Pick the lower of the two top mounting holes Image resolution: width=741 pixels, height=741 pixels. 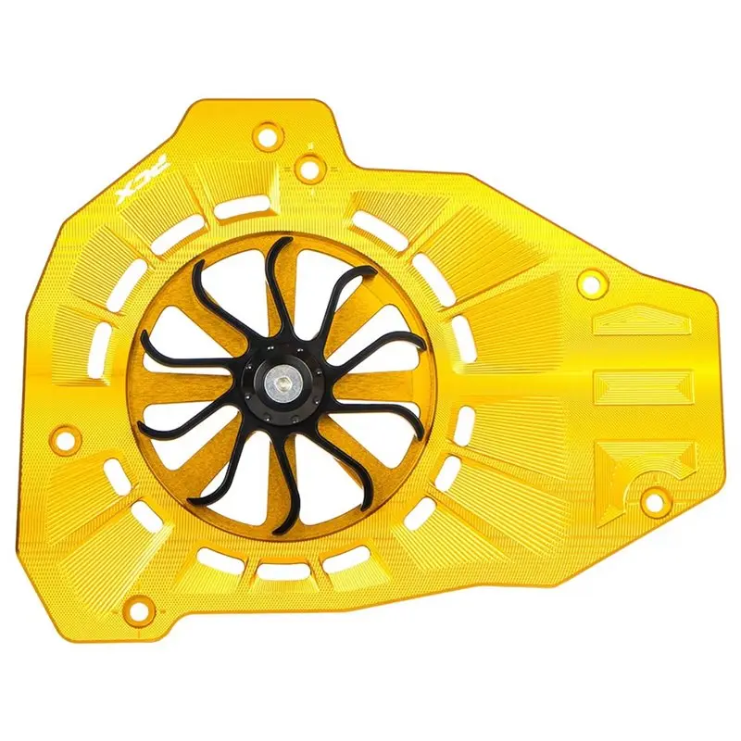[x=308, y=167]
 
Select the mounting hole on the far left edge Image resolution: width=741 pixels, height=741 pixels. [x=66, y=436]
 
